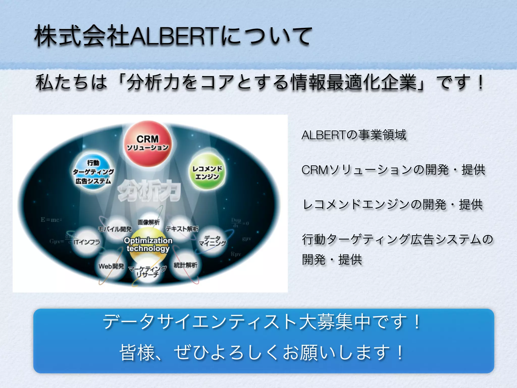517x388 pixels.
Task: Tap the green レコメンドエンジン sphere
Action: [x=207, y=172]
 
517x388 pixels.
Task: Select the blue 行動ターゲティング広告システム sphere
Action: [x=93, y=172]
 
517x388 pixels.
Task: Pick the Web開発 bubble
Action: [x=111, y=266]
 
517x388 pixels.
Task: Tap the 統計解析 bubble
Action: [x=186, y=265]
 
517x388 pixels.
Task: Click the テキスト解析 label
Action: [x=182, y=229]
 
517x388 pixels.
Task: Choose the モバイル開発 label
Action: [x=115, y=229]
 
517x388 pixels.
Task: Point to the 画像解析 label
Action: [x=148, y=222]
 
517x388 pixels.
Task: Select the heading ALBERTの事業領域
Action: [x=354, y=135]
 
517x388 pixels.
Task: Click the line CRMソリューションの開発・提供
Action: [x=393, y=170]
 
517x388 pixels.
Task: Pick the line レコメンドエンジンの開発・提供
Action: [x=393, y=205]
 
